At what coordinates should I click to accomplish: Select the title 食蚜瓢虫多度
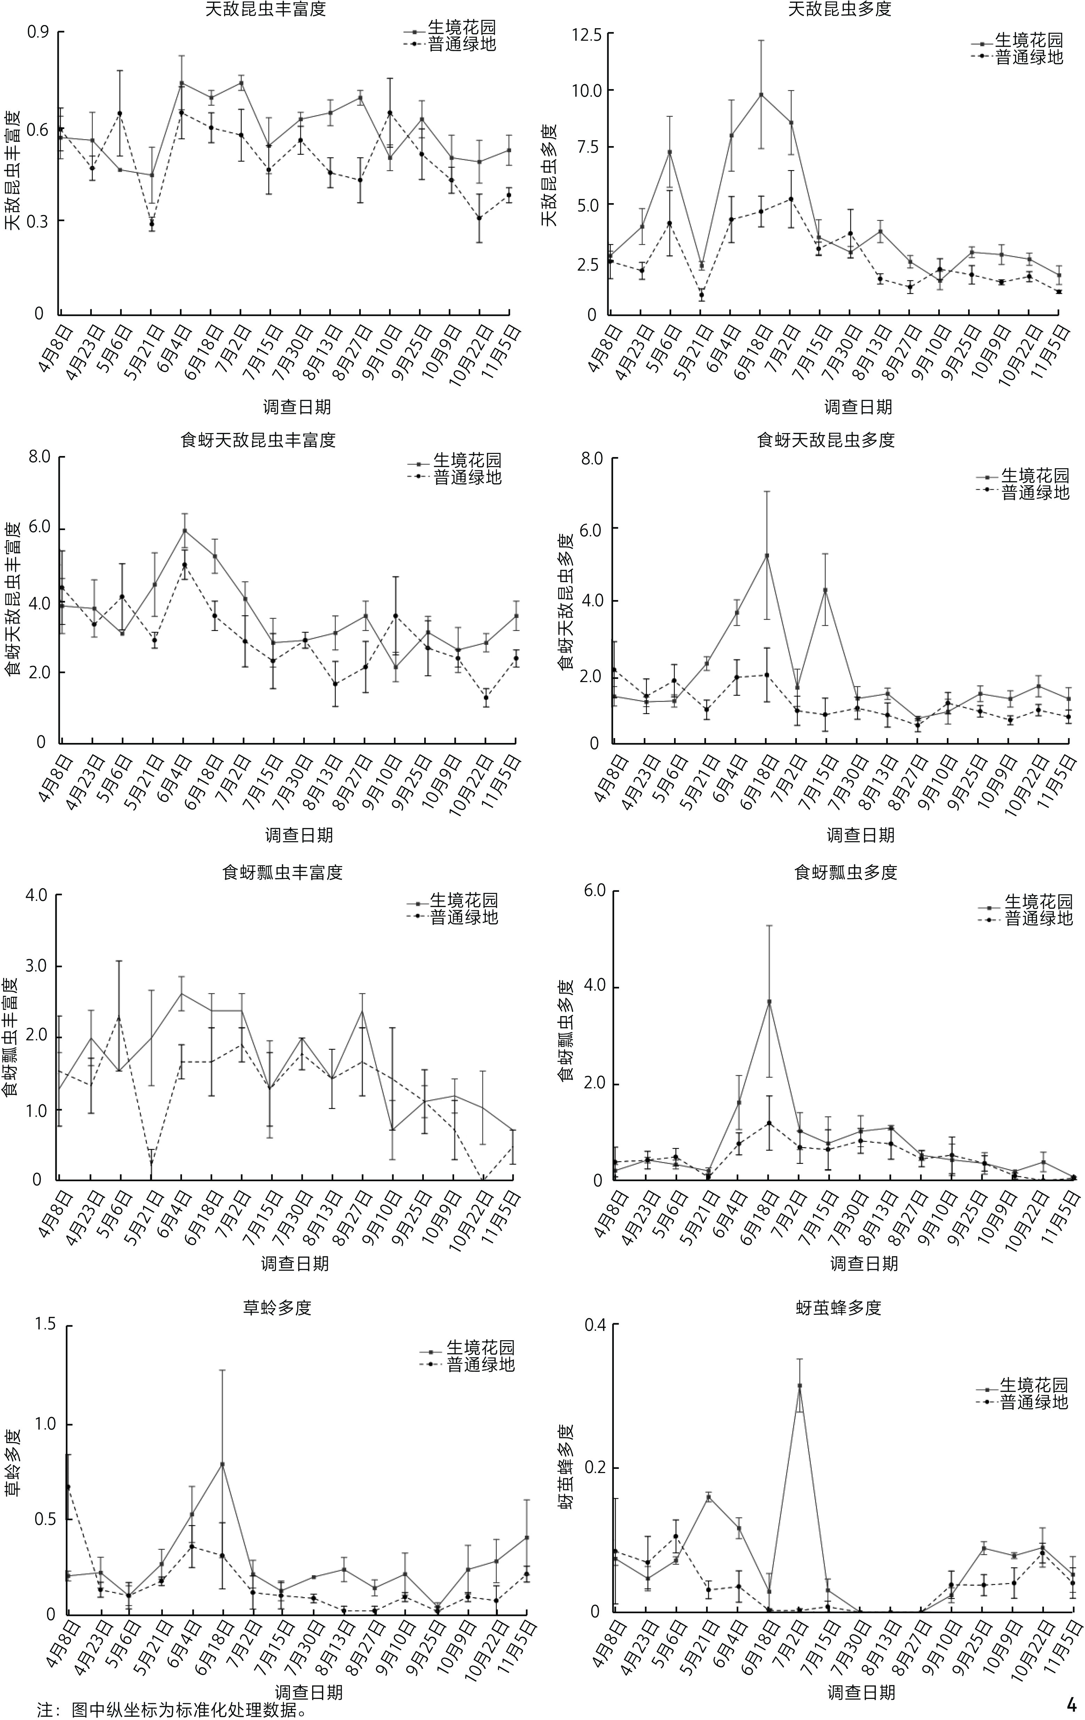[x=846, y=872]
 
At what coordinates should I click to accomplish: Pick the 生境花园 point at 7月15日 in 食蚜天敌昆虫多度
[x=825, y=590]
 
